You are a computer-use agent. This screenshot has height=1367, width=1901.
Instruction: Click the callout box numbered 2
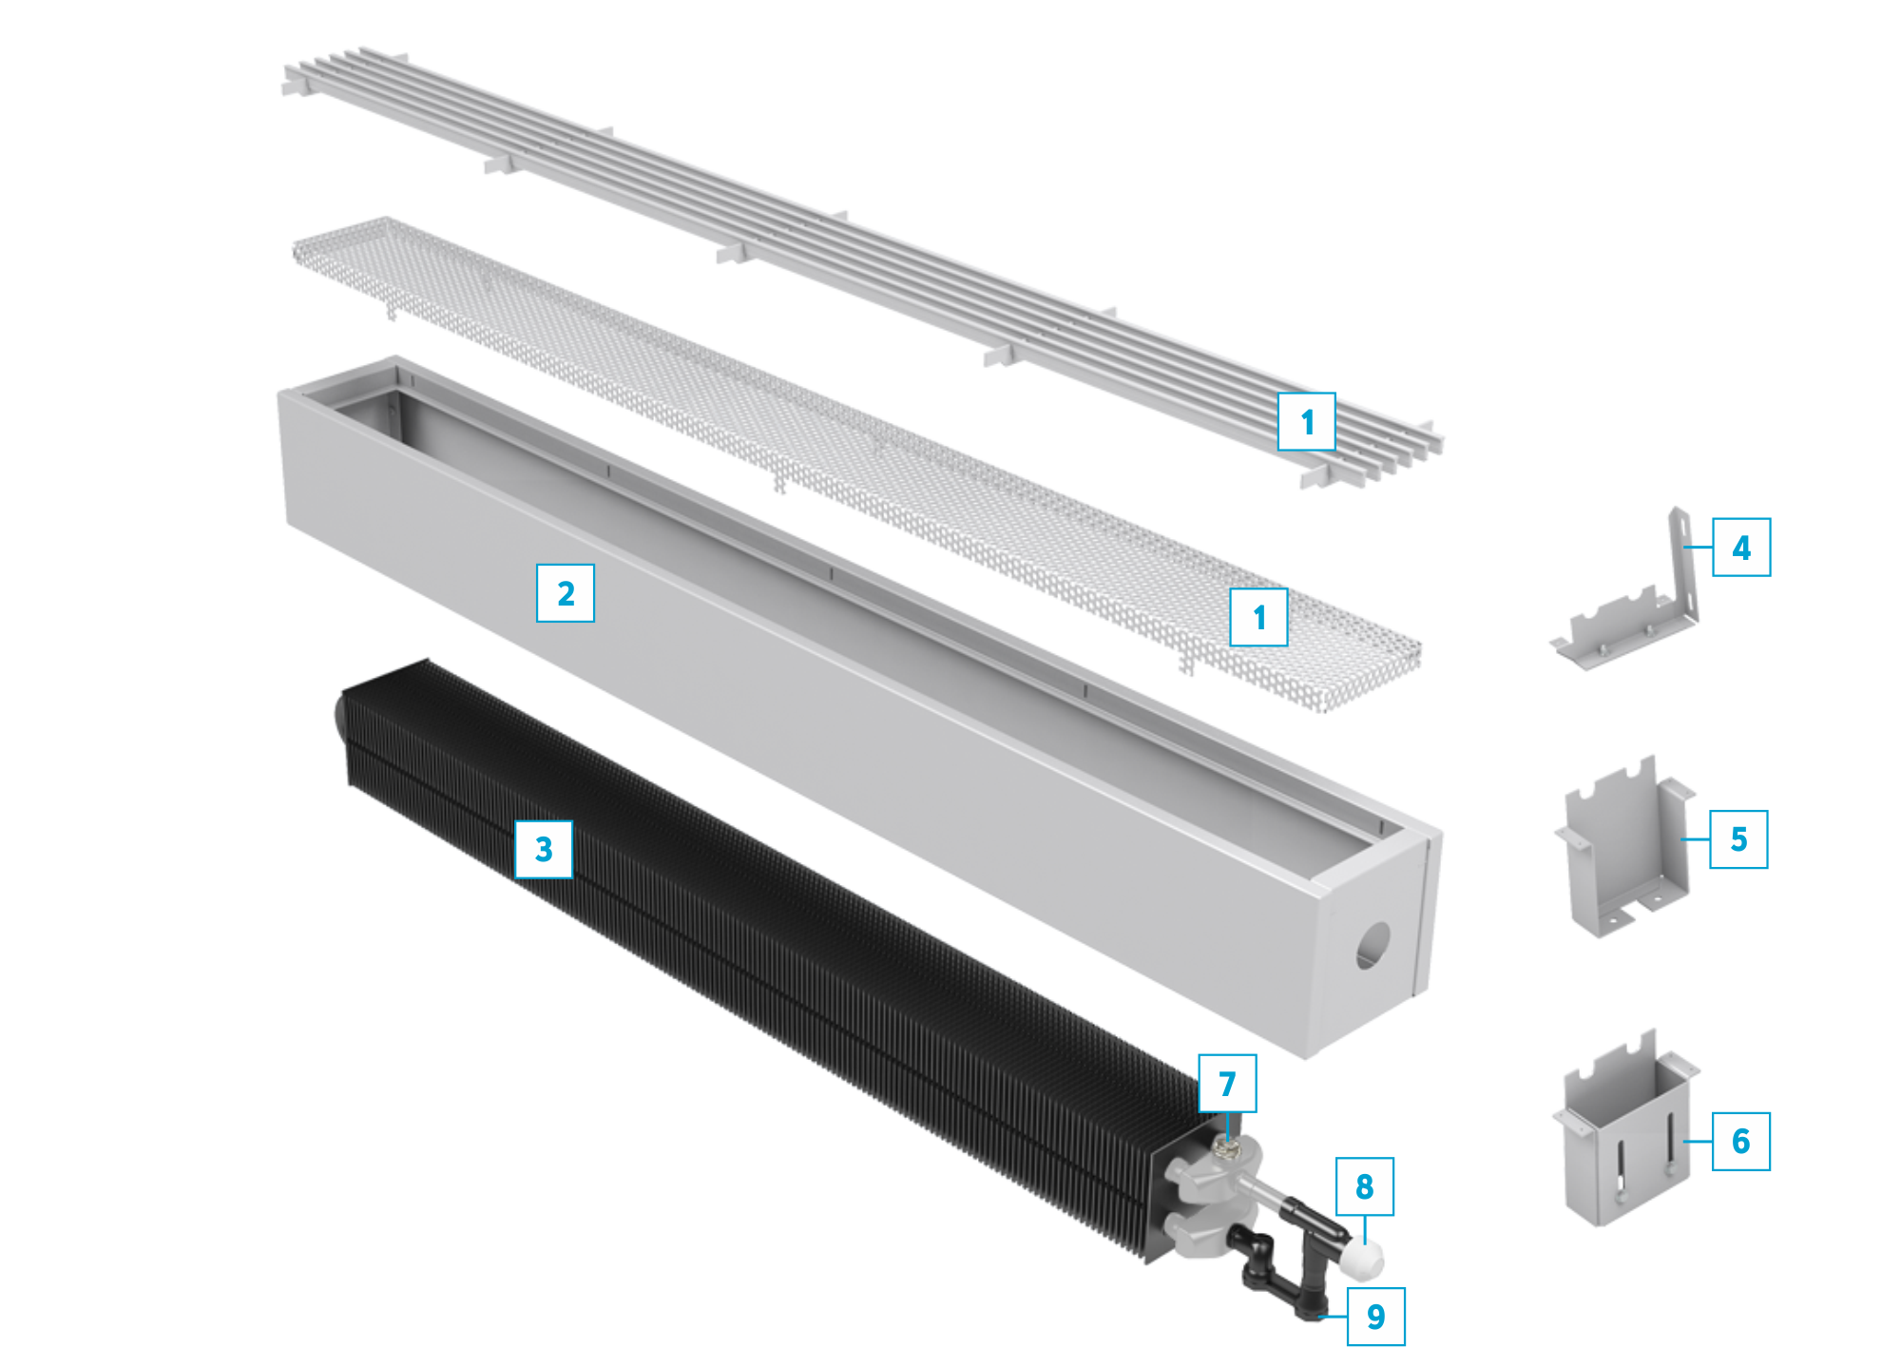pyautogui.click(x=566, y=593)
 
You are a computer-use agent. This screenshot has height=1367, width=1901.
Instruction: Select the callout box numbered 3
pyautogui.click(x=544, y=849)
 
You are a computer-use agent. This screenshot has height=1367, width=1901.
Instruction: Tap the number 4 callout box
pyautogui.click(x=1741, y=547)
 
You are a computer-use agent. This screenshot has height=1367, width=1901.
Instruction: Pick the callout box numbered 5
pyautogui.click(x=1738, y=838)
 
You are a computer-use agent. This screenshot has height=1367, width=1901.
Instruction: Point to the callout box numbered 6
pyautogui.click(x=1740, y=1141)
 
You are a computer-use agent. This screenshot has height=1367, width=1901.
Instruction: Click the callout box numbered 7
pyautogui.click(x=1227, y=1083)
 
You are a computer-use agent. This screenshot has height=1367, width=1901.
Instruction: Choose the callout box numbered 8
pyautogui.click(x=1365, y=1186)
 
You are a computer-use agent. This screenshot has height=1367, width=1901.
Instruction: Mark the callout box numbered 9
pyautogui.click(x=1376, y=1317)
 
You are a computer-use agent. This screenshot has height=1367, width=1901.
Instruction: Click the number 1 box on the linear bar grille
pyautogui.click(x=1307, y=421)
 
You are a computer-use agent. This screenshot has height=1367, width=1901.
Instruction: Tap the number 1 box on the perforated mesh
pyautogui.click(x=1259, y=617)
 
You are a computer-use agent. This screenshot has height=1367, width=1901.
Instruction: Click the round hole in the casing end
pyautogui.click(x=1373, y=946)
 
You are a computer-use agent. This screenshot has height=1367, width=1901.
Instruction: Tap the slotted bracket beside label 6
pyautogui.click(x=1625, y=1131)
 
